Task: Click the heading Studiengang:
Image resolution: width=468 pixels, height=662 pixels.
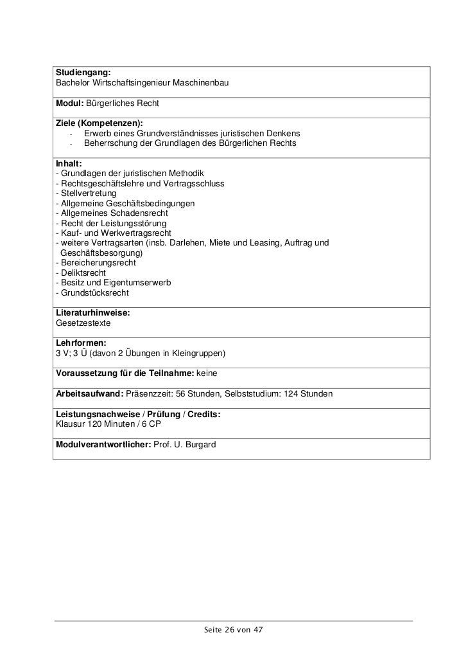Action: point(83,74)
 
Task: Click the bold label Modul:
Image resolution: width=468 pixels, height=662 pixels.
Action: point(69,103)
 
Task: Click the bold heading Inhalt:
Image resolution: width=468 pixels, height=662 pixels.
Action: point(69,163)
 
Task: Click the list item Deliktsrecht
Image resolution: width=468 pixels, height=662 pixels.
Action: point(83,273)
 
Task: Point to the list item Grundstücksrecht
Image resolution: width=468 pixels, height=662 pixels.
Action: point(94,292)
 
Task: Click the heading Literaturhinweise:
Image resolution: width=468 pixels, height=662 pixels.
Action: point(93,312)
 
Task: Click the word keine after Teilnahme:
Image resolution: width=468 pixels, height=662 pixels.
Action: point(207,373)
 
